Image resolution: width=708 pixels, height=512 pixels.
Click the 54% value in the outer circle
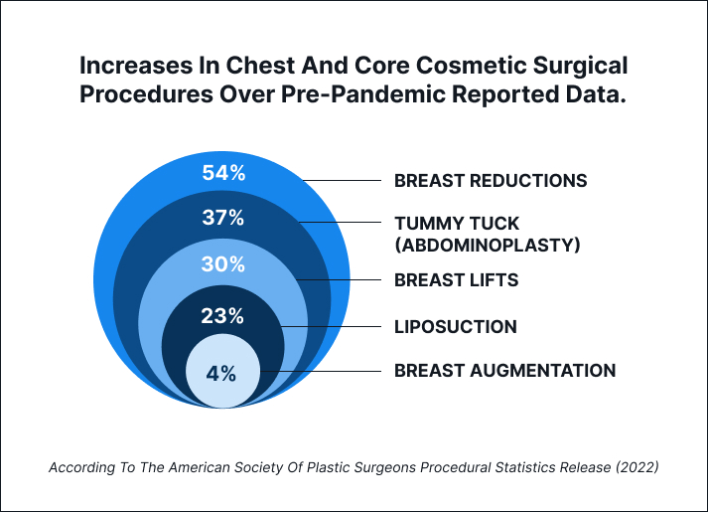[x=223, y=173]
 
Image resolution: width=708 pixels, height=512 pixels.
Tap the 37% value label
[x=223, y=219]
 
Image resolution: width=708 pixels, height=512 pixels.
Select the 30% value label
[x=223, y=264]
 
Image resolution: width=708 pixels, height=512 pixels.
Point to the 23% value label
[x=223, y=317]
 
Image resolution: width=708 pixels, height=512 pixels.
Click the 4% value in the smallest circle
[x=221, y=374]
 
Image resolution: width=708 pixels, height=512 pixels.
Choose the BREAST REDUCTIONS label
[x=491, y=181]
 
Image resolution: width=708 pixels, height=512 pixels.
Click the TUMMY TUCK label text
[x=457, y=223]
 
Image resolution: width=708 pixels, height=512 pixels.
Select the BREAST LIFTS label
[x=456, y=280]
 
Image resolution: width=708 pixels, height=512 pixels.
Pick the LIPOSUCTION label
[x=455, y=326]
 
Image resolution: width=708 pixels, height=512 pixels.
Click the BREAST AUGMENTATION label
[x=504, y=371]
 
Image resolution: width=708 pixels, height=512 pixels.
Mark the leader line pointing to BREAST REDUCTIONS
[x=343, y=181]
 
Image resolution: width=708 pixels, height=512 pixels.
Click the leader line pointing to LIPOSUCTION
[x=333, y=326]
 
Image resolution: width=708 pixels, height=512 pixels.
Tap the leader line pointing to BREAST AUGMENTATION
[x=323, y=371]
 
